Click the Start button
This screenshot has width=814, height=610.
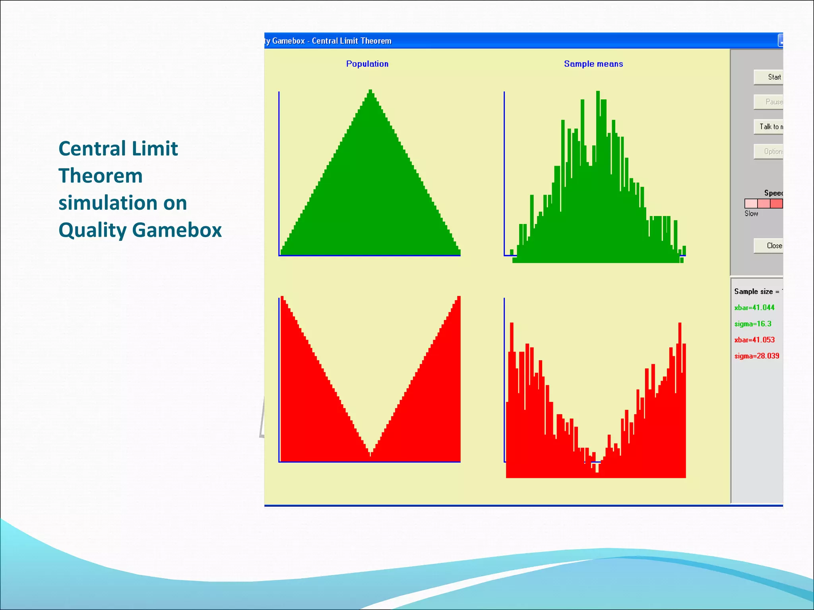click(x=769, y=77)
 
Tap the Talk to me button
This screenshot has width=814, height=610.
click(x=769, y=127)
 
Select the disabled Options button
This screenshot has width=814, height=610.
click(x=769, y=151)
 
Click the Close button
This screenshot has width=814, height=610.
click(x=769, y=245)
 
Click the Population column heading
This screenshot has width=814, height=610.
click(x=367, y=64)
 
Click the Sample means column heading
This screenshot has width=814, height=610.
click(x=593, y=64)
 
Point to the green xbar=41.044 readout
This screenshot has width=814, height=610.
click(x=754, y=307)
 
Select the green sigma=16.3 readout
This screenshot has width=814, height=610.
click(x=752, y=324)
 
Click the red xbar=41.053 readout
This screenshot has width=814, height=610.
click(x=754, y=340)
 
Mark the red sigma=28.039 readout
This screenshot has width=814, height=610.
click(x=756, y=356)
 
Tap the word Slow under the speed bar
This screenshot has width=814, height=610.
click(x=751, y=214)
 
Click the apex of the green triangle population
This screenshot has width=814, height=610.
click(x=370, y=92)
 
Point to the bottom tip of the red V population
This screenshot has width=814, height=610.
click(x=370, y=455)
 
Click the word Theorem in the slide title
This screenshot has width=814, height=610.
click(x=101, y=176)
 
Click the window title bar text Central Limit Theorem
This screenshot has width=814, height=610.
click(x=351, y=41)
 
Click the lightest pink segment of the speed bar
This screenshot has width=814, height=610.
click(x=751, y=204)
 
